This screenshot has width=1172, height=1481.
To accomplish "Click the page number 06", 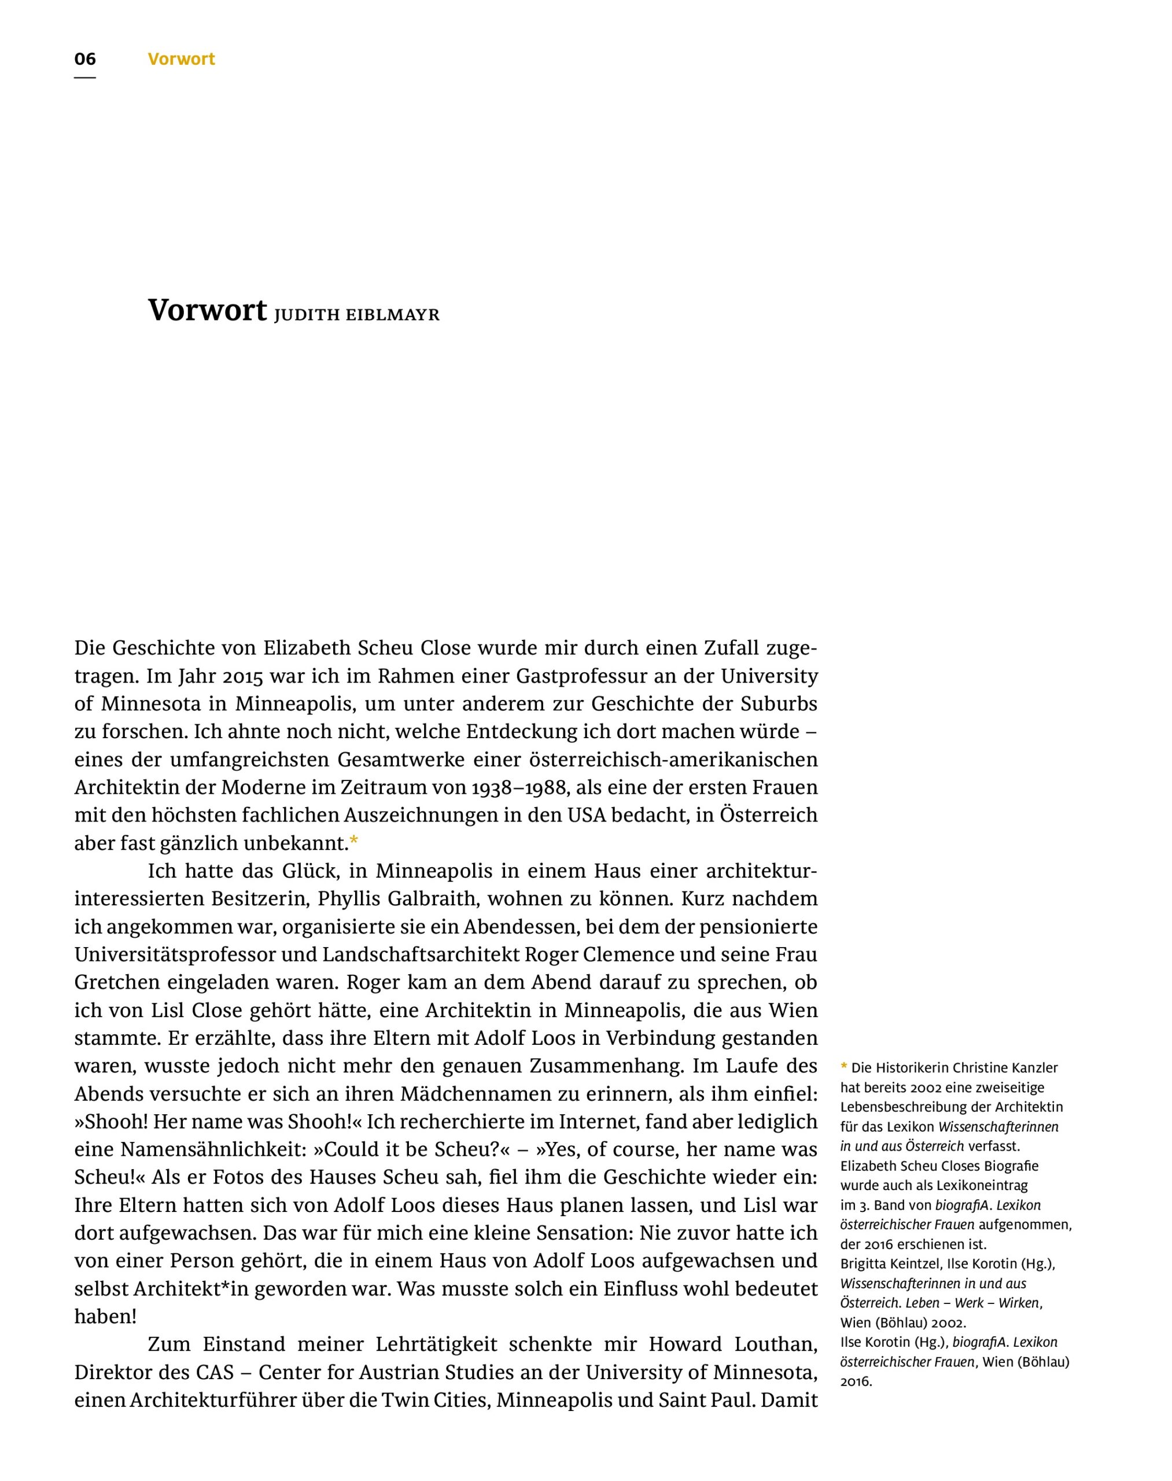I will [x=85, y=59].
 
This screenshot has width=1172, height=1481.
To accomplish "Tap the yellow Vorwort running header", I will [x=181, y=59].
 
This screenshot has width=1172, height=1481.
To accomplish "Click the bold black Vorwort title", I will [x=207, y=310].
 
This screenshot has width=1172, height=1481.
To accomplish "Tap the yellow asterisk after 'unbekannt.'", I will [x=354, y=841].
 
